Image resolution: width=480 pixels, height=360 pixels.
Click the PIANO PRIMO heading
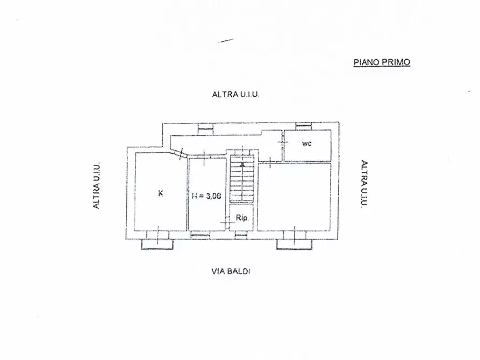[x=382, y=62]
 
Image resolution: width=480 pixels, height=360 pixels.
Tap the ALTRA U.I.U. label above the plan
[x=236, y=94]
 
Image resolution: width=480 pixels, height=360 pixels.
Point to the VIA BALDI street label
[x=231, y=271]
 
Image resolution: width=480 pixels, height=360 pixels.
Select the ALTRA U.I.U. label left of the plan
[x=96, y=186]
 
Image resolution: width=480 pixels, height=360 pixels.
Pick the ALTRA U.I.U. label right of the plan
[x=364, y=184]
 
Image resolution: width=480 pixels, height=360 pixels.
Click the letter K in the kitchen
[x=160, y=193]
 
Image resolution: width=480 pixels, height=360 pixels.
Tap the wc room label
[x=307, y=143]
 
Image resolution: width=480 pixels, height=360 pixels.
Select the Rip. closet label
[x=242, y=218]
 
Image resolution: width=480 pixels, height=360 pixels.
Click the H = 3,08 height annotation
[x=206, y=196]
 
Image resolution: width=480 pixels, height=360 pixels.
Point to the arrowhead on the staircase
[x=243, y=165]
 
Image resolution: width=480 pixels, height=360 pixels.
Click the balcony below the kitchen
[x=157, y=244]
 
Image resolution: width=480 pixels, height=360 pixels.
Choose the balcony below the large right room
[x=294, y=244]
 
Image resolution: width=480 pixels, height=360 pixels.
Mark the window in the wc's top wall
[x=304, y=127]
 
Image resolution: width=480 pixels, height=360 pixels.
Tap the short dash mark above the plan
[x=226, y=40]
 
